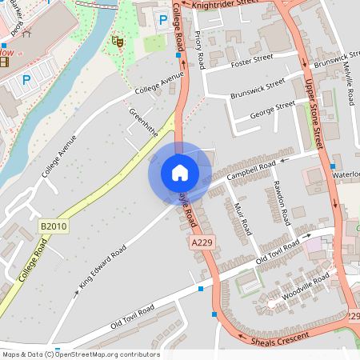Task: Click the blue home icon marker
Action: pyautogui.click(x=179, y=172)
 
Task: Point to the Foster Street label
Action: pyautogui.click(x=251, y=60)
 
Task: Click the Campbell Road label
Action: pyautogui.click(x=251, y=169)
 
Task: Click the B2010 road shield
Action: pyautogui.click(x=54, y=227)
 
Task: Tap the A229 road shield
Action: pyautogui.click(x=202, y=241)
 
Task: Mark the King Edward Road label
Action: pyautogui.click(x=102, y=266)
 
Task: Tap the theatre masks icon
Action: pyautogui.click(x=118, y=39)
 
